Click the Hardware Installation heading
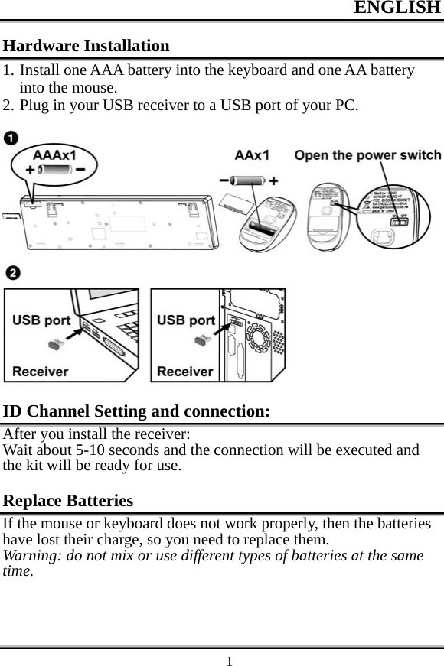click(x=87, y=46)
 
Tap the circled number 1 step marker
click(x=11, y=138)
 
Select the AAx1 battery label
click(x=251, y=155)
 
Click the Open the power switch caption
click(x=367, y=155)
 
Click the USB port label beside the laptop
click(x=41, y=320)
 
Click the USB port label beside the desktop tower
click(x=186, y=320)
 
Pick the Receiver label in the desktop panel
click(x=185, y=371)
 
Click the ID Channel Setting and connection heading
click(x=136, y=411)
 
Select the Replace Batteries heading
click(x=68, y=502)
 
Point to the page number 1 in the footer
click(x=228, y=658)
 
